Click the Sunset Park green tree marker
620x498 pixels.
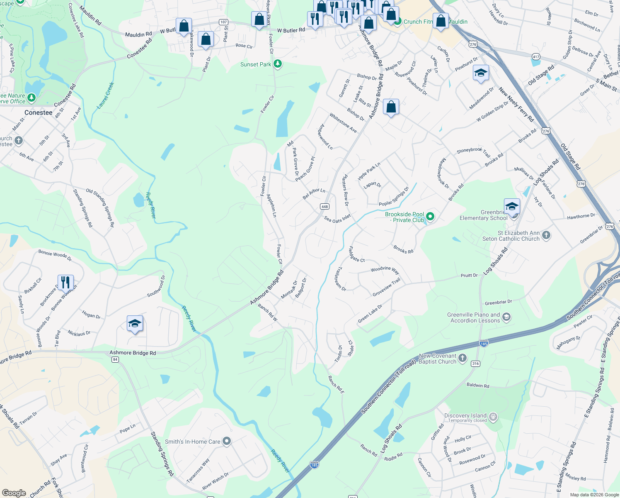pos(278,64)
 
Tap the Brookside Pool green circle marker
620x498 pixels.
pos(430,216)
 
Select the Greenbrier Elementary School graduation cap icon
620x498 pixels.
pos(512,206)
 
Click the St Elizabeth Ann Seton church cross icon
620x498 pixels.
pos(546,235)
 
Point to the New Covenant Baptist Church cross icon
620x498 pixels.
pos(463,358)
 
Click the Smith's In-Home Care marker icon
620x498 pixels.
pos(226,441)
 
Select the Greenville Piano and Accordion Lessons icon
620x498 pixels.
pos(506,317)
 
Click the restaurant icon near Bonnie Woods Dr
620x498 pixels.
pos(65,283)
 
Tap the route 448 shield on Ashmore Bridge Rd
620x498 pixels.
pos(325,207)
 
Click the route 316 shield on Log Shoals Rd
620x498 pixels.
pos(475,364)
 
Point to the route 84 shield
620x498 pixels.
pos(115,359)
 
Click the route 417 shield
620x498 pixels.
pos(536,57)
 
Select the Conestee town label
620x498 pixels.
pos(39,113)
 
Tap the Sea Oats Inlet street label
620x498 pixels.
pos(337,219)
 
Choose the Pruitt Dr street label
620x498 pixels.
pos(469,276)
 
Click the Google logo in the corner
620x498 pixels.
pos(14,493)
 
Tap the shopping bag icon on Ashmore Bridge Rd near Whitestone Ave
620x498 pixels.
pos(391,107)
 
